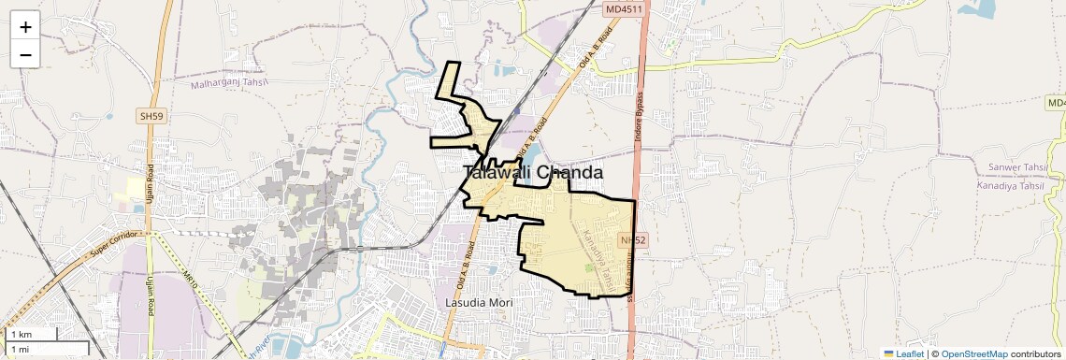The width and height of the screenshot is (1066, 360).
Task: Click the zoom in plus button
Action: click(25, 26)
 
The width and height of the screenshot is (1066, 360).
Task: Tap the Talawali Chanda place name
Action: click(533, 173)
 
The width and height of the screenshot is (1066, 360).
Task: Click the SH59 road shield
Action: click(150, 115)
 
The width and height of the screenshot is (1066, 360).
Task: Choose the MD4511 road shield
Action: click(624, 9)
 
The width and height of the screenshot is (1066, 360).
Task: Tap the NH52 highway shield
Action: click(633, 240)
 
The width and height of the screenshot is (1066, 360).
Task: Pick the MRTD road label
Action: click(192, 278)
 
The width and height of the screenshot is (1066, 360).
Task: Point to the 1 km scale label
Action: click(21, 335)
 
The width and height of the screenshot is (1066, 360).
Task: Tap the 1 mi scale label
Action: click(20, 349)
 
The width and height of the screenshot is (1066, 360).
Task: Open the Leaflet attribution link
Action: click(904, 353)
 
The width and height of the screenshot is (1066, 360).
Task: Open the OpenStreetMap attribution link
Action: click(974, 353)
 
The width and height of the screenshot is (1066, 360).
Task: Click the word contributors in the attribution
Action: click(1035, 353)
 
